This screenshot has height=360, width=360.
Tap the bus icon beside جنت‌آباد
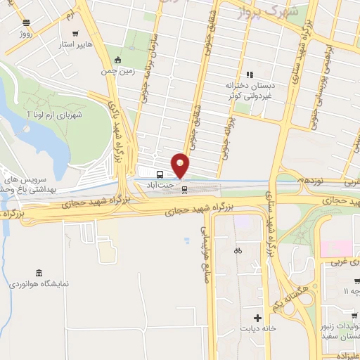coord(160,174)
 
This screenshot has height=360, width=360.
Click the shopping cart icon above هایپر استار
coord(75,33)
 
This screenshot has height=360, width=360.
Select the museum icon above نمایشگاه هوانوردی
coord(38,273)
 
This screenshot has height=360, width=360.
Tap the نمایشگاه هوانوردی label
coord(39,285)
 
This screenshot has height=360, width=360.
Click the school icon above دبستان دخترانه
coord(248,75)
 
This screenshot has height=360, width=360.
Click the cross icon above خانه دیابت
coord(259,318)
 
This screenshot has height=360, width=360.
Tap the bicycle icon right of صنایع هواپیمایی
coord(238,250)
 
